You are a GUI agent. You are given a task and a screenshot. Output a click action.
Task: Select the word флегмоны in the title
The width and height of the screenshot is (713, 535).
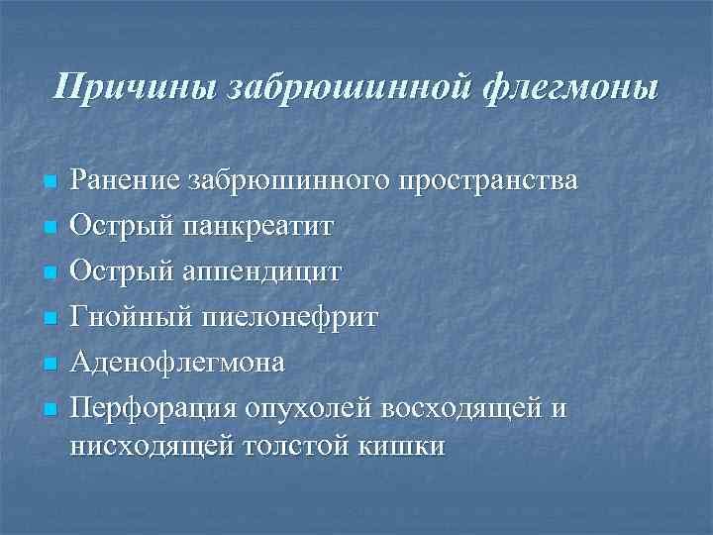tap(573, 87)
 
